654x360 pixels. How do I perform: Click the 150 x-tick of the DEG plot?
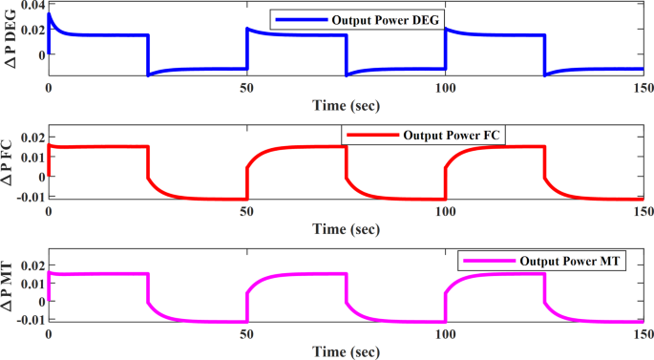[x=641, y=87]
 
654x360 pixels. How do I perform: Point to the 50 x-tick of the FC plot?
[x=246, y=211]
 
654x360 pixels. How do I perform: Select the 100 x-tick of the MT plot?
[x=445, y=335]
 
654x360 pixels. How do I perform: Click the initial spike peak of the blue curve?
[x=50, y=14]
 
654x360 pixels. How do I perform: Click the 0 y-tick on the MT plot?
[x=37, y=302]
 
